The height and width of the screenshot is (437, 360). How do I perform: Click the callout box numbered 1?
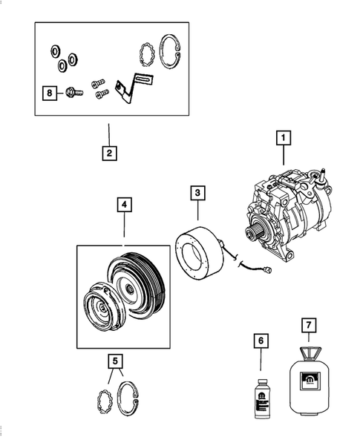[282, 137]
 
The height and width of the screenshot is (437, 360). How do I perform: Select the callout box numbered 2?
[108, 154]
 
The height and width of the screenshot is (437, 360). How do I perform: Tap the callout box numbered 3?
[197, 194]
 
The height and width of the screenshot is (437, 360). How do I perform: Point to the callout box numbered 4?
[123, 203]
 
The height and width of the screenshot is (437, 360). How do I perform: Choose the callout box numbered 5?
[114, 361]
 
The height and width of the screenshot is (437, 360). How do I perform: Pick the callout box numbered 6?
[261, 340]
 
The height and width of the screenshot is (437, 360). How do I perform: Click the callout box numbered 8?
[50, 93]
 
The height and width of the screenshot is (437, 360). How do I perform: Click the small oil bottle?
[261, 392]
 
